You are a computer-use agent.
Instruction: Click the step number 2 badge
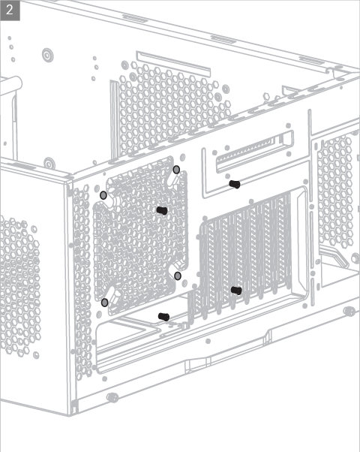(x=10, y=11)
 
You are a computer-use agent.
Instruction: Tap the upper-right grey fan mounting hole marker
(x=176, y=170)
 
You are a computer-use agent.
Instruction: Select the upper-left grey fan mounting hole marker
(x=103, y=195)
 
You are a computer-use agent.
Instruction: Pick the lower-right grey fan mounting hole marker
(x=178, y=276)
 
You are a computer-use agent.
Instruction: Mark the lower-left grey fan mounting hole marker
(x=105, y=303)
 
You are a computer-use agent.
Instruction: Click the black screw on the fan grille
(x=162, y=211)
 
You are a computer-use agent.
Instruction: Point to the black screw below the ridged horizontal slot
(x=235, y=184)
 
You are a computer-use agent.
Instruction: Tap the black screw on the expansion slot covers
(x=236, y=291)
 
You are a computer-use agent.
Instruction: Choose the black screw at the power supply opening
(x=163, y=317)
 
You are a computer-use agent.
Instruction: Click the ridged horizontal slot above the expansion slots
(x=255, y=151)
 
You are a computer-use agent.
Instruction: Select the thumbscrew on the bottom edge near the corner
(x=112, y=398)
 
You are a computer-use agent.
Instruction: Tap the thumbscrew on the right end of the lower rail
(x=349, y=312)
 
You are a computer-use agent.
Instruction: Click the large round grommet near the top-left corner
(x=48, y=55)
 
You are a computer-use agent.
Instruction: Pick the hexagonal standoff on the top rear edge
(x=266, y=96)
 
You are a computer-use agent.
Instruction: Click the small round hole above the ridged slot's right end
(x=288, y=125)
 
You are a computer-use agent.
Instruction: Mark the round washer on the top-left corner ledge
(x=49, y=164)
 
